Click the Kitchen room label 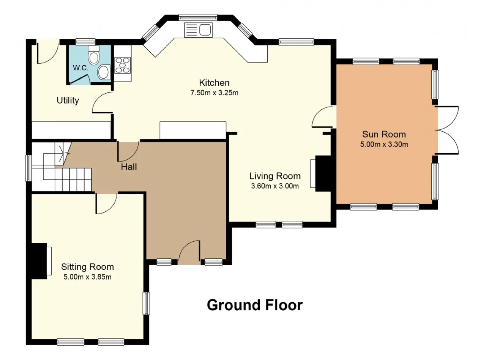[214, 83]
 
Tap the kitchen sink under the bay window [198, 30]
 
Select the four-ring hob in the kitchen [123, 65]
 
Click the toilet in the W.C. [94, 55]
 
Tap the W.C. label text [80, 68]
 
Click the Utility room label [68, 100]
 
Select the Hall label [129, 167]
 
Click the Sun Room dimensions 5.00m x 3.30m [384, 144]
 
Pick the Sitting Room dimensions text [87, 277]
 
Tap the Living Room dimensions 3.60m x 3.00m [275, 186]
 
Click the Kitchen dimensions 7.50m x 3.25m [214, 93]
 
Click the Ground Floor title [255, 305]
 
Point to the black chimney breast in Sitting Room [39, 261]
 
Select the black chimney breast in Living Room [323, 174]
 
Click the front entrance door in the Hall [189, 253]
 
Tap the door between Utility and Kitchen [103, 102]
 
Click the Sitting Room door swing [106, 203]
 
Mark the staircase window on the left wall [28, 168]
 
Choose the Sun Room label [384, 134]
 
